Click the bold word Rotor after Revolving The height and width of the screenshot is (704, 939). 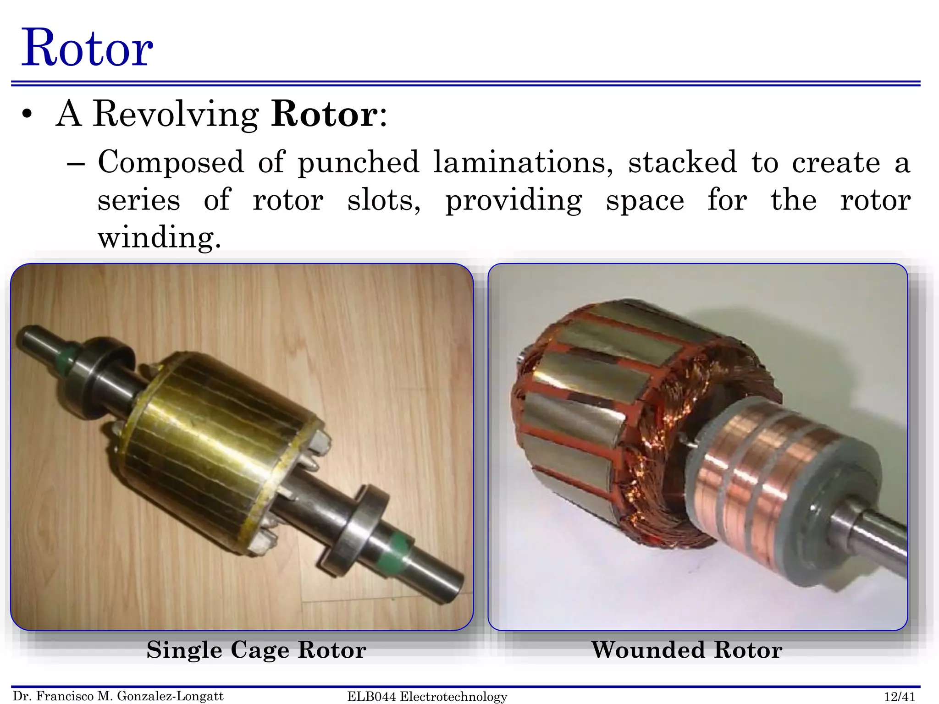pyautogui.click(x=325, y=114)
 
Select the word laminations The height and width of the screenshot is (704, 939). pyautogui.click(x=523, y=163)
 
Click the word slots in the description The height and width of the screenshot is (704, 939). pyautogui.click(x=384, y=201)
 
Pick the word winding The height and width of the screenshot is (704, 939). pyautogui.click(x=159, y=238)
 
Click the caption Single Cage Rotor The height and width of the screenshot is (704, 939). pyautogui.click(x=256, y=650)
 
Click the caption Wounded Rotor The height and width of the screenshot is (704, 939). pyautogui.click(x=686, y=650)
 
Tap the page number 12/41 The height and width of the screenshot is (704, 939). pyautogui.click(x=899, y=697)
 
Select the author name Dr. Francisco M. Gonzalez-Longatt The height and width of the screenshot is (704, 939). pyautogui.click(x=118, y=696)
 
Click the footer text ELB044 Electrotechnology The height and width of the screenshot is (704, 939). pyautogui.click(x=427, y=697)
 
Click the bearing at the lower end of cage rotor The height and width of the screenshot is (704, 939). pyautogui.click(x=358, y=527)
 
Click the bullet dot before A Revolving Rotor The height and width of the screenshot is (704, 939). pyautogui.click(x=28, y=115)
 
